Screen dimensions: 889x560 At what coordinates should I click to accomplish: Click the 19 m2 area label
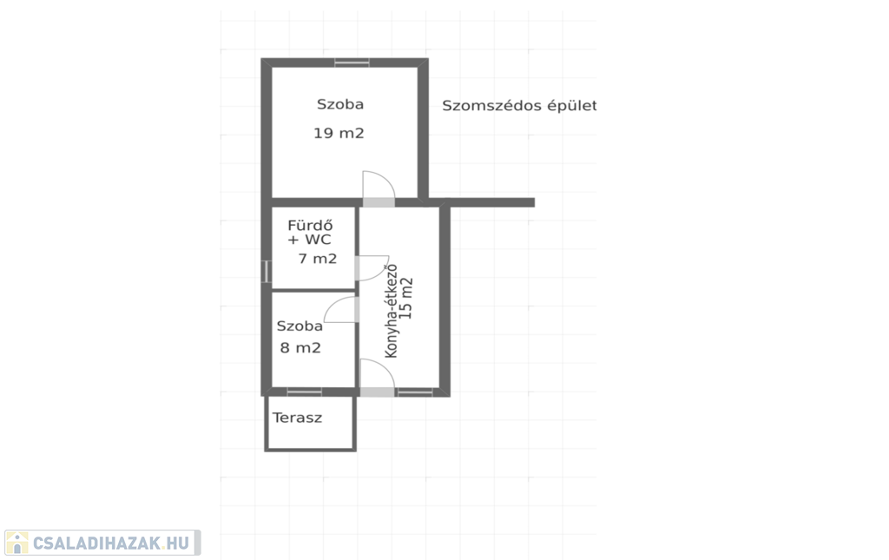click(x=339, y=134)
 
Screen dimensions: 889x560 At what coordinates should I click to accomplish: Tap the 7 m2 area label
click(x=318, y=259)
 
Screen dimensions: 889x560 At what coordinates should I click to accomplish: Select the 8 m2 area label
click(x=300, y=348)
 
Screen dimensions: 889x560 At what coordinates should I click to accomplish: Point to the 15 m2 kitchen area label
click(x=406, y=298)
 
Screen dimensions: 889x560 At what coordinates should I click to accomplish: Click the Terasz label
click(x=297, y=418)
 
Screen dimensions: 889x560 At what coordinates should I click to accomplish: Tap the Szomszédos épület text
click(x=519, y=106)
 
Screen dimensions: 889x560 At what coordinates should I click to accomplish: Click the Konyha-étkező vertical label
click(x=392, y=311)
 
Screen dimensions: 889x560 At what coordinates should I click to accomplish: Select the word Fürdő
click(x=310, y=226)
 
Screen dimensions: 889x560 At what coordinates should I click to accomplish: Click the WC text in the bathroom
click(x=318, y=240)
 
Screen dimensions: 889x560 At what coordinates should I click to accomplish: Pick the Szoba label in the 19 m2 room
click(x=340, y=104)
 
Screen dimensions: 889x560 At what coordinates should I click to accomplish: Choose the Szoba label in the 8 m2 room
click(x=300, y=326)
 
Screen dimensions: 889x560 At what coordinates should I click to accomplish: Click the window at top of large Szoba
click(x=352, y=63)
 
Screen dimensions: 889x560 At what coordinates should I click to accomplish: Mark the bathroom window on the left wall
click(x=266, y=271)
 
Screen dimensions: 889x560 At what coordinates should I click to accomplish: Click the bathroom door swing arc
click(x=381, y=275)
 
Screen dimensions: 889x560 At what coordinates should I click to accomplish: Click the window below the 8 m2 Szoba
click(x=305, y=392)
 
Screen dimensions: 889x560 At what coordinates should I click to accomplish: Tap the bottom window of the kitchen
click(x=415, y=392)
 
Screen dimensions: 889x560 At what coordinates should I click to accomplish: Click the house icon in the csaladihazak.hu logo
click(x=17, y=543)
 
